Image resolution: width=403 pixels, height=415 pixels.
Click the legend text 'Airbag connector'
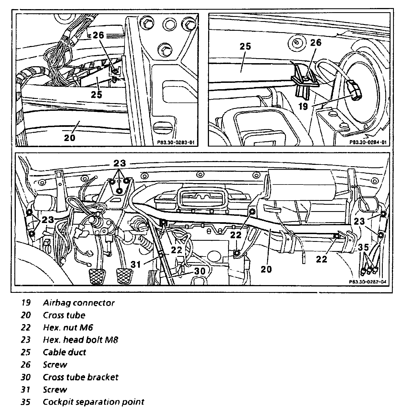[x=79, y=303]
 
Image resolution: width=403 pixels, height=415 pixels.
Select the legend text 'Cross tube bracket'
[x=81, y=377]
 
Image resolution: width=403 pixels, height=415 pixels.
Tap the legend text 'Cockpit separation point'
[x=93, y=402]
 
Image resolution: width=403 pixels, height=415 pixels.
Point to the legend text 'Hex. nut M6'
[x=68, y=328]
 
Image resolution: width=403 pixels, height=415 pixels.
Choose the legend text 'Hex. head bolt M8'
[x=81, y=340]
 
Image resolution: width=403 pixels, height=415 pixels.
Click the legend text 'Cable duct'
[x=64, y=352]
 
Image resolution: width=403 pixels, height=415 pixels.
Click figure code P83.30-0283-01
[x=175, y=143]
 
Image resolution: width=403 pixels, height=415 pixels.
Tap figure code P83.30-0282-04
[x=367, y=282]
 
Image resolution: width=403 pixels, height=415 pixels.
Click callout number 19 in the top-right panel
[x=303, y=106]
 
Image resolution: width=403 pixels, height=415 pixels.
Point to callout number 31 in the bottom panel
[x=136, y=264]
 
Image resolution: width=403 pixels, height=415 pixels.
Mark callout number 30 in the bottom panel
[x=199, y=271]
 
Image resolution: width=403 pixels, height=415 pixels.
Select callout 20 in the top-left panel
[x=69, y=137]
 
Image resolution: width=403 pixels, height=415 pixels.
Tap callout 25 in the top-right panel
[x=245, y=47]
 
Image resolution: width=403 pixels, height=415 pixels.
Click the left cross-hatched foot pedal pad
[x=96, y=275]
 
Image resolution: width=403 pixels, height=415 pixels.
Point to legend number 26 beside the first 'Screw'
[x=25, y=365]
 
